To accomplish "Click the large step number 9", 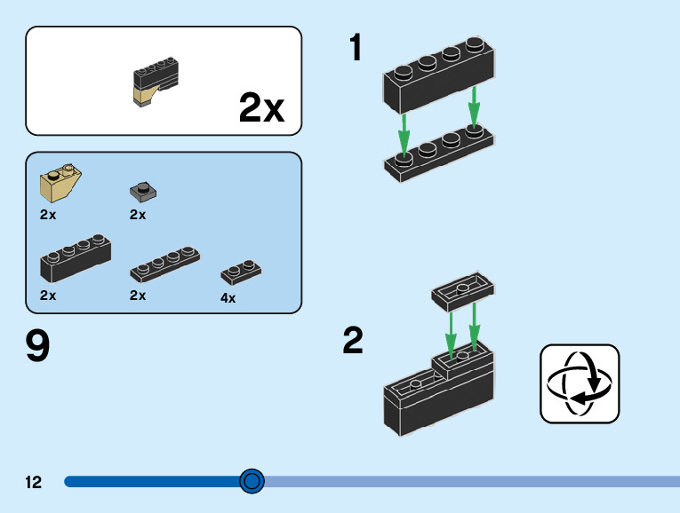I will (38, 346).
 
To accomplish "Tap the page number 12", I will (34, 482).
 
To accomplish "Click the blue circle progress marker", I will (252, 481).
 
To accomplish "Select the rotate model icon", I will (580, 383).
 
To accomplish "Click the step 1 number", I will (356, 48).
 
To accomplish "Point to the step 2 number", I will (353, 341).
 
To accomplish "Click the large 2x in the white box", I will (261, 108).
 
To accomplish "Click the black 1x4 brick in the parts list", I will (76, 259).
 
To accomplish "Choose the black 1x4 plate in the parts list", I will (164, 264).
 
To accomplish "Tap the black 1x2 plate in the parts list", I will (241, 272).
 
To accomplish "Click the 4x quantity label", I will (228, 298).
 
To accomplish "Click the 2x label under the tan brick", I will (48, 215).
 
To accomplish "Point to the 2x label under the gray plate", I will (138, 215).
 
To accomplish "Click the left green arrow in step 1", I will (404, 133).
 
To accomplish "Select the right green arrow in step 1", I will (474, 106).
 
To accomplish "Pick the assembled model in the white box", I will (155, 82).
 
